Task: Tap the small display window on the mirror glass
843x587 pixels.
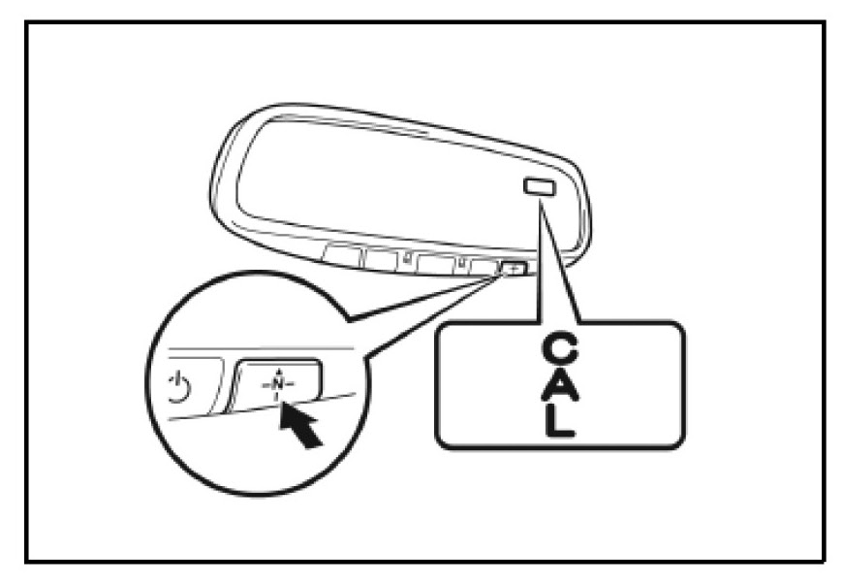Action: (537, 187)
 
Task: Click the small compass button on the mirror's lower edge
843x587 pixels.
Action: (515, 268)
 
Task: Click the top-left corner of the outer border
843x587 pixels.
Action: (28, 21)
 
